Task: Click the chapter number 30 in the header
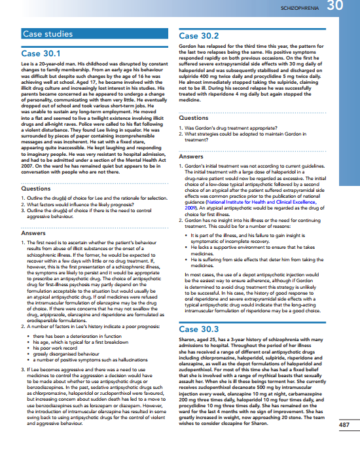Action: pos(335,7)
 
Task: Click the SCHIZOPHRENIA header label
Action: pos(300,7)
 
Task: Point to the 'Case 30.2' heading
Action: pos(199,37)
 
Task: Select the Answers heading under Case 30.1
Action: pos(33,232)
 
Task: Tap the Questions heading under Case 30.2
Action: pos(194,118)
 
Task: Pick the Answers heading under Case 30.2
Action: pos(191,156)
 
